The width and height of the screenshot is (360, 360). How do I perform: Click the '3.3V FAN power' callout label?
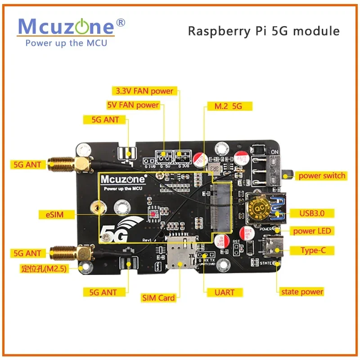144,91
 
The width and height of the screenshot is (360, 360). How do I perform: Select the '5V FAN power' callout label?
133,105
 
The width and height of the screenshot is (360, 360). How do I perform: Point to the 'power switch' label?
322,175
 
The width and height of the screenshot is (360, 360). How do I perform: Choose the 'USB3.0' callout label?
308,213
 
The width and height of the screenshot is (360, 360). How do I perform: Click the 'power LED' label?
312,231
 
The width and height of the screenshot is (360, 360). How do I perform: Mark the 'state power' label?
301,292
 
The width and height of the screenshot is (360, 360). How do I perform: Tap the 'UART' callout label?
225,292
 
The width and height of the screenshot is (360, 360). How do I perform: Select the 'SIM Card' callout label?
158,297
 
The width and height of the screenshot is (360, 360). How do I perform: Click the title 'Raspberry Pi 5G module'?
263,31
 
